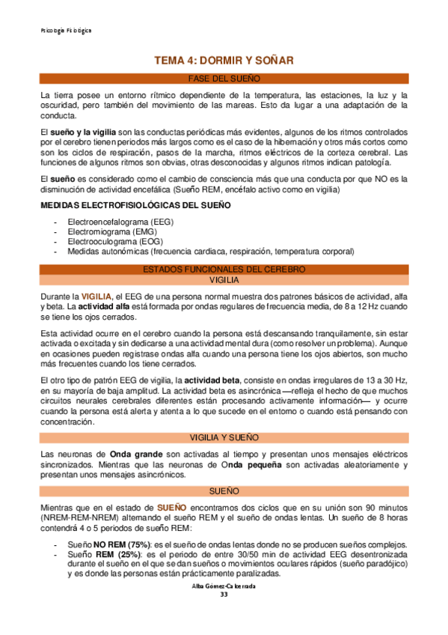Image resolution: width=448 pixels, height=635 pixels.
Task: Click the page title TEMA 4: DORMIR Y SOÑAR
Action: click(x=224, y=60)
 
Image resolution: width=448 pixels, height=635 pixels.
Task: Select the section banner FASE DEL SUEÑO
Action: click(x=224, y=79)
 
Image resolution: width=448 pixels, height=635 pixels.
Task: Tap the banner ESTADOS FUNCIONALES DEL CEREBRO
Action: click(x=224, y=269)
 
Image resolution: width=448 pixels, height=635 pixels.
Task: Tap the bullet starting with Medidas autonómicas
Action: click(x=210, y=252)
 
